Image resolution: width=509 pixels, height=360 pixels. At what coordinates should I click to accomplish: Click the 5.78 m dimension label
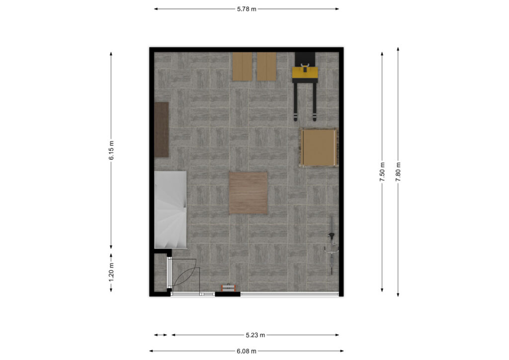coord(247,9)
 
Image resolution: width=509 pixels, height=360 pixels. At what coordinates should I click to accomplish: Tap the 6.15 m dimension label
coord(111,150)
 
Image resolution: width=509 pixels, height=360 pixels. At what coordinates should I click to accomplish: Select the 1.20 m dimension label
coord(111,271)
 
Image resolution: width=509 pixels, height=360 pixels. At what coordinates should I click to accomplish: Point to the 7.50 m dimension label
coord(382,172)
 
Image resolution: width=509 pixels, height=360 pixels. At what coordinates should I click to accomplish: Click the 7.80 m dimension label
coord(398,172)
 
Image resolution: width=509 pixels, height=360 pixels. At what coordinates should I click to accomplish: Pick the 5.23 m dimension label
coord(255,335)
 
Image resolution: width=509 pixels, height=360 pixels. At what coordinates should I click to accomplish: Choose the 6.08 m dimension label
coord(247,351)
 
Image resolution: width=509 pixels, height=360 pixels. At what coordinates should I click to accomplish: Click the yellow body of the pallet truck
coord(305,73)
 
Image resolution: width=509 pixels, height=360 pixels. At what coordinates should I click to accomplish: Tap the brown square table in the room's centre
coord(249,193)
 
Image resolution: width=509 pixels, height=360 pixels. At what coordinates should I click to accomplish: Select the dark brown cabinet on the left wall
coord(162,129)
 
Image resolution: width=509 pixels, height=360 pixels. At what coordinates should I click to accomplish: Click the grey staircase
coord(170,210)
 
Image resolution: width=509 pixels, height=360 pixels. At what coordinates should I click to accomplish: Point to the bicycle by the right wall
coord(332,246)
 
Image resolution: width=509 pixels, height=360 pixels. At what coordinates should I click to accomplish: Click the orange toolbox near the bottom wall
coord(229,288)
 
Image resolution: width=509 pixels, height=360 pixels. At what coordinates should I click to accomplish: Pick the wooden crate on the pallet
coord(319,147)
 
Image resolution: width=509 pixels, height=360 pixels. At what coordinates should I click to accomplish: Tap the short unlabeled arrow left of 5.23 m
coord(161,335)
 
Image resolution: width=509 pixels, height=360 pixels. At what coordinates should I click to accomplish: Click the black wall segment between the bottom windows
coord(228,294)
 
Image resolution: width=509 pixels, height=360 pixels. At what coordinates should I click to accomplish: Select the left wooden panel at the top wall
coord(242,67)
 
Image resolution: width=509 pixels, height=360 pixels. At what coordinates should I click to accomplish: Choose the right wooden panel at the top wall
coord(266,67)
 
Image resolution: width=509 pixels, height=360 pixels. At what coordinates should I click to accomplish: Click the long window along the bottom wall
coord(290,294)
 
